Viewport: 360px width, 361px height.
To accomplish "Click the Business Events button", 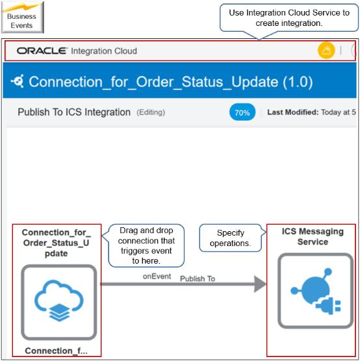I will (x=22, y=16).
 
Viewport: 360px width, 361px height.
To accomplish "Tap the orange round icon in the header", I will (x=326, y=51).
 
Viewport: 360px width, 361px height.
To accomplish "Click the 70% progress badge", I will (x=242, y=112).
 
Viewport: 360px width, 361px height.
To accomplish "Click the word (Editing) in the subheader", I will (x=150, y=112).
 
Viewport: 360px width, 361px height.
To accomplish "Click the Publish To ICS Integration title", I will (x=74, y=112).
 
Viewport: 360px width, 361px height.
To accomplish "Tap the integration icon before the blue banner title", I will (x=19, y=82).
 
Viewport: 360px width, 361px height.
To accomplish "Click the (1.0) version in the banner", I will (x=289, y=82).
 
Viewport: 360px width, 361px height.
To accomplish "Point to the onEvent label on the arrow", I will (x=157, y=277).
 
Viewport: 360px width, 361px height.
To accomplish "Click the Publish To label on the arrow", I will (x=198, y=279).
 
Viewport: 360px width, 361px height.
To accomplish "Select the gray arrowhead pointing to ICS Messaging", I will (x=259, y=284).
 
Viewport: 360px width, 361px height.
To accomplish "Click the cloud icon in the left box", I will (x=58, y=304).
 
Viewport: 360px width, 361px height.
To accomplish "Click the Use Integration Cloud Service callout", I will (x=289, y=18).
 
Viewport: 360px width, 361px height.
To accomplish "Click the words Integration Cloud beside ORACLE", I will (x=104, y=51).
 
